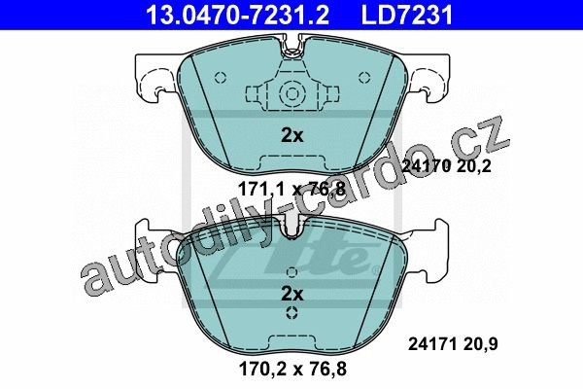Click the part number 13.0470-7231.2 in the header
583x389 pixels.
(x=237, y=15)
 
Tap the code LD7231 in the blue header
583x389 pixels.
(x=407, y=15)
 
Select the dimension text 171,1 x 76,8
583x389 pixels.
(x=292, y=189)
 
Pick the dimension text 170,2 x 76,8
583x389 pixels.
(x=292, y=369)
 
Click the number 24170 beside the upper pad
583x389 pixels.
(x=427, y=165)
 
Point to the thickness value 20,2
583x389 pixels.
(x=474, y=166)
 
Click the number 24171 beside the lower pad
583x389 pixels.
(x=432, y=344)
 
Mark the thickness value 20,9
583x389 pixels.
(x=480, y=344)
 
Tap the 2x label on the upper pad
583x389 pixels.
(x=292, y=136)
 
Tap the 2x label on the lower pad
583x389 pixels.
(x=292, y=294)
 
